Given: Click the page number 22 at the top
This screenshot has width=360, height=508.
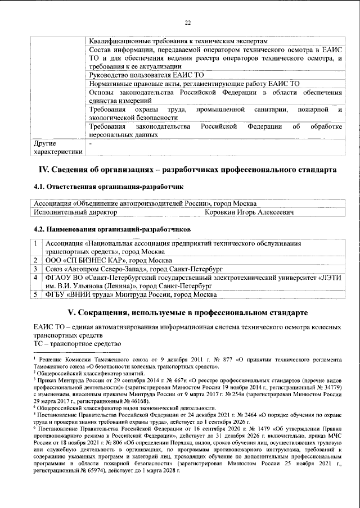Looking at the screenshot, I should [188, 22].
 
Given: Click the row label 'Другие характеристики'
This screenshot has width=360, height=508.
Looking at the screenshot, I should [58, 148].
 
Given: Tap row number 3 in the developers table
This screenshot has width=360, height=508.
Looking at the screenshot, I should [35, 269].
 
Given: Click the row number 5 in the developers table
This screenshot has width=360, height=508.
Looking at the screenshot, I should [35, 294].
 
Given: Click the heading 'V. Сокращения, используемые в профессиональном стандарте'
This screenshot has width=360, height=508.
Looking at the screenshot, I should [187, 311].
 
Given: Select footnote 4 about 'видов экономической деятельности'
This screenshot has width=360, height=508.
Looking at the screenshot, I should [112, 407].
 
